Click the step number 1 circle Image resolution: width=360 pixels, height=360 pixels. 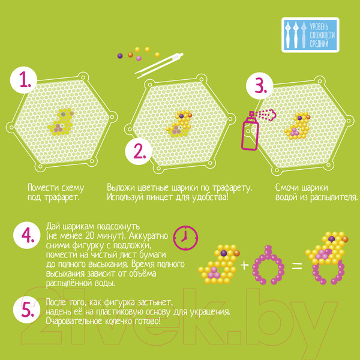click(x=23, y=80)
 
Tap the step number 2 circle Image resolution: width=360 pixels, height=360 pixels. click(x=139, y=151)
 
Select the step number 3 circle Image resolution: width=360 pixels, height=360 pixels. click(x=260, y=86)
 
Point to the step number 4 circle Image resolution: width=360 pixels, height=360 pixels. click(x=27, y=235)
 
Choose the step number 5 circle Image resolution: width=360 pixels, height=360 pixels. click(x=27, y=310)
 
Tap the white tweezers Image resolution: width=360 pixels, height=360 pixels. click(x=160, y=65)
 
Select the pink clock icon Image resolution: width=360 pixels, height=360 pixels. click(x=185, y=238)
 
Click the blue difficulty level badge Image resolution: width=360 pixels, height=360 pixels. click(x=310, y=35)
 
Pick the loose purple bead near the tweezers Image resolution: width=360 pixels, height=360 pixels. click(x=120, y=56)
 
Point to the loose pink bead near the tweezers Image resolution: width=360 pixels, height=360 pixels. click(x=139, y=58)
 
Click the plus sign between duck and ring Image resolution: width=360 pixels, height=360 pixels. click(x=244, y=265)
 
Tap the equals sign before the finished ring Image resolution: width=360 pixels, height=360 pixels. click(x=296, y=266)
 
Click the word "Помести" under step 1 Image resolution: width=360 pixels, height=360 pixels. click(x=40, y=188)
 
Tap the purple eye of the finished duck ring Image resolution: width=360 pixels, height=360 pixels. click(x=331, y=239)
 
